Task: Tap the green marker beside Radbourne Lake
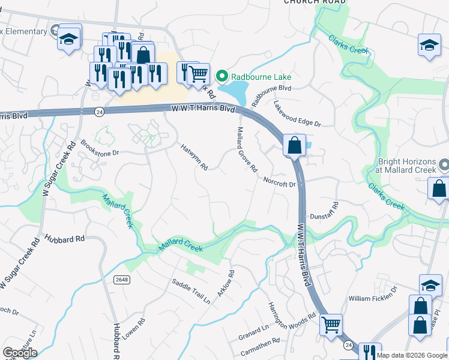[x=222, y=76]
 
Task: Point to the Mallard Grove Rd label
[x=247, y=148]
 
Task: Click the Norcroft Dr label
[x=279, y=181]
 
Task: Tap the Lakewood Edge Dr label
[x=297, y=113]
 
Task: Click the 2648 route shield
[x=122, y=280]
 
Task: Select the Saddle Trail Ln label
[x=191, y=291]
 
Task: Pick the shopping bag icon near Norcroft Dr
[x=294, y=145]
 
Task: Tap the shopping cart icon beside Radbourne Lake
[x=198, y=75]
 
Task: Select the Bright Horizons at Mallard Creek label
[x=406, y=166]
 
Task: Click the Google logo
[x=20, y=353]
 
